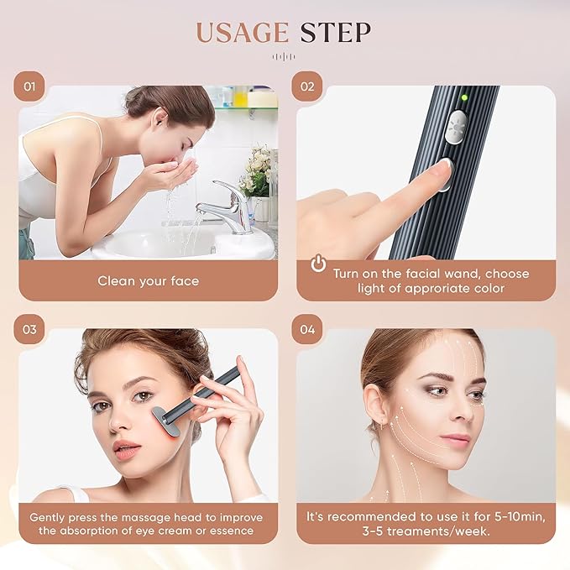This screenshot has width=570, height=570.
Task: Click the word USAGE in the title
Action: (x=240, y=32)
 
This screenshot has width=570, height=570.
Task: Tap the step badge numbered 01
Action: (x=29, y=86)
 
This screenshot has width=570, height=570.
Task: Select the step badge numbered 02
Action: (x=307, y=86)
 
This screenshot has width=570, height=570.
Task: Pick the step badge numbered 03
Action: (x=29, y=329)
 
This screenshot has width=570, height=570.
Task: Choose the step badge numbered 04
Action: (x=307, y=329)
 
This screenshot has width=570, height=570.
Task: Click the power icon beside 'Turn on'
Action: (x=318, y=264)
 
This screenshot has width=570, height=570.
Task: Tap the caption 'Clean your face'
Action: (x=148, y=280)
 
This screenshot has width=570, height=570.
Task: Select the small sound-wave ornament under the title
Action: (x=285, y=57)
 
